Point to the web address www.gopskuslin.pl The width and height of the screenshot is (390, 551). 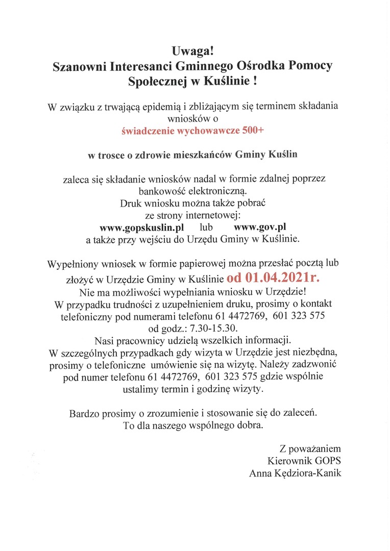tap(141, 226)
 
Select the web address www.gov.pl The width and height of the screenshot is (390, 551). tap(259, 226)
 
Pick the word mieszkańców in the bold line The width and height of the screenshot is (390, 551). tap(209, 154)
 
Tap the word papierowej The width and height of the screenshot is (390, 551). tap(190, 265)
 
